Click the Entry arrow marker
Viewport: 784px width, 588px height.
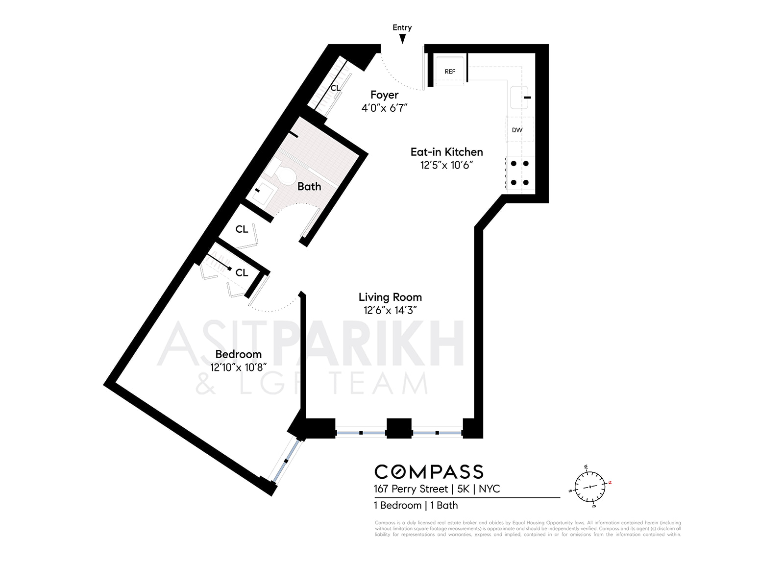point(402,39)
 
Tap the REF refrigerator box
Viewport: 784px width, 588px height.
point(450,72)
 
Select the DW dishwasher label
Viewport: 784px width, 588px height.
point(517,130)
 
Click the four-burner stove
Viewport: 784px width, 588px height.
point(519,173)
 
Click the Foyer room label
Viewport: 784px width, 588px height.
point(384,95)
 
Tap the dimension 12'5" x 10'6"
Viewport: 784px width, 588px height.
point(446,165)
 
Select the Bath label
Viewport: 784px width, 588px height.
point(309,186)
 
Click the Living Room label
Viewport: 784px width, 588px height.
point(390,297)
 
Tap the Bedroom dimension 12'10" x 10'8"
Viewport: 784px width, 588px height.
point(238,367)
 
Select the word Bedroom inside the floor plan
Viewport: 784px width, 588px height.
point(238,354)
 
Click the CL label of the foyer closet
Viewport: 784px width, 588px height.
point(335,88)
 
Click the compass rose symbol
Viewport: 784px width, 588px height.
point(589,486)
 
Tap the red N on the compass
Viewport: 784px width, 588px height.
point(610,483)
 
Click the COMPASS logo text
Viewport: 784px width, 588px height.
point(429,472)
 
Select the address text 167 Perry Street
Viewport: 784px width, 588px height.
point(411,489)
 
